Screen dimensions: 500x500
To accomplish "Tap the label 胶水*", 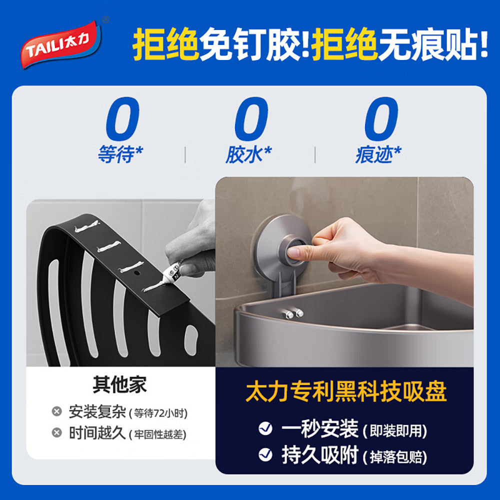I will coord(248,155).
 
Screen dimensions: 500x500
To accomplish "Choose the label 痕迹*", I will coord(378,155).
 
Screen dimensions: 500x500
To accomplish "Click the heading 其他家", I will coord(120,386).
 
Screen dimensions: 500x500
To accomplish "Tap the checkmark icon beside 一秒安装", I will coord(265,428).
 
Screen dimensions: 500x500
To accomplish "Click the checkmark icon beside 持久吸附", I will coord(265,454).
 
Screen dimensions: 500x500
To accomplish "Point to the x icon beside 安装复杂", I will coord(57,412).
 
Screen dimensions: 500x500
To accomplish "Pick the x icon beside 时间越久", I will coord(57,432).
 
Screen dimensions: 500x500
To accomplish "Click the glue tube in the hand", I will coord(172,274).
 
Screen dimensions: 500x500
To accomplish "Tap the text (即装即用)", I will coord(395,430).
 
